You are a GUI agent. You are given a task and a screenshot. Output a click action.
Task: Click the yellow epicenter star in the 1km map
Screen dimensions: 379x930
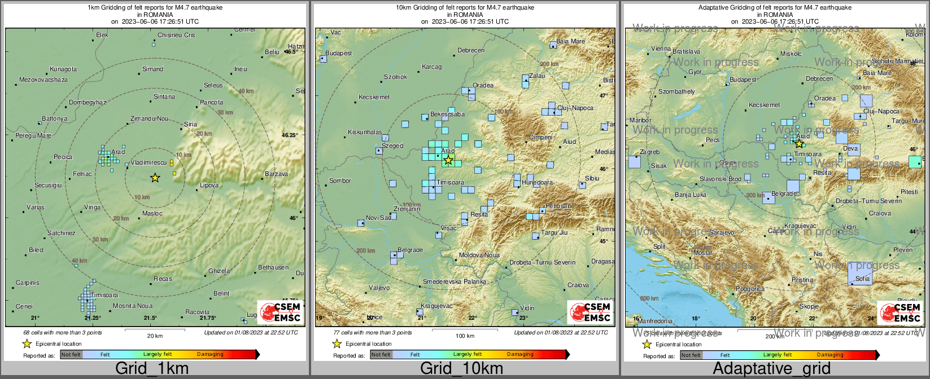point(155,178)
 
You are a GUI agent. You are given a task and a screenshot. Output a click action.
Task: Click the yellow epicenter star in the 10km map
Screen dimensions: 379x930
point(448,160)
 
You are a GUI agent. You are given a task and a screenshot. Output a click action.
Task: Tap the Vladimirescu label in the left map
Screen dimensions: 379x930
point(148,162)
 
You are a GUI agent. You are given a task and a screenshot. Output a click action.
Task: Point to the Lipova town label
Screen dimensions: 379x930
point(209,185)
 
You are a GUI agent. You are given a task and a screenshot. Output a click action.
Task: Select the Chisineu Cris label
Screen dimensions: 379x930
point(176,35)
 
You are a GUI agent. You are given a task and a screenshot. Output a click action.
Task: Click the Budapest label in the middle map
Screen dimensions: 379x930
point(338,53)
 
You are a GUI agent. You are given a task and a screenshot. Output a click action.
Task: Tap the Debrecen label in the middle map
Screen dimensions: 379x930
point(470,50)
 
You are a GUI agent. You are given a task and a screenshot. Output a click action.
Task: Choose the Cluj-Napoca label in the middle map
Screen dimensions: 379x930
point(575,108)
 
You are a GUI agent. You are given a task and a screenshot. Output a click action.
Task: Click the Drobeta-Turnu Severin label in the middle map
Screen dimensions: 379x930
point(542,262)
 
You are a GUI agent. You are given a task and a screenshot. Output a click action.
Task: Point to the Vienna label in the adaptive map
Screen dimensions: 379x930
point(661,49)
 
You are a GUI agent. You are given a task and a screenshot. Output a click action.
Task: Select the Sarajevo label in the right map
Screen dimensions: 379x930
point(722,232)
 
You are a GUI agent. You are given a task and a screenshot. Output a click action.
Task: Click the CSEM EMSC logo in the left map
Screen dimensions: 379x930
point(281,312)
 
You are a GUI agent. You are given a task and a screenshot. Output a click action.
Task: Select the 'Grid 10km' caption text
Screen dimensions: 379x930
point(461,369)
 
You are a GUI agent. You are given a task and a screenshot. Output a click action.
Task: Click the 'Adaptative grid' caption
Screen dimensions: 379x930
point(771,369)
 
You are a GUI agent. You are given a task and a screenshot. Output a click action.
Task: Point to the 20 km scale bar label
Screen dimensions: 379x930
point(155,336)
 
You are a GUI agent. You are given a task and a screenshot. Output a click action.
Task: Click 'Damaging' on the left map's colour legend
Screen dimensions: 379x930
point(210,354)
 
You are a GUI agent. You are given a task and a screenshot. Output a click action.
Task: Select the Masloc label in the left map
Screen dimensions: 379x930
point(152,213)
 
